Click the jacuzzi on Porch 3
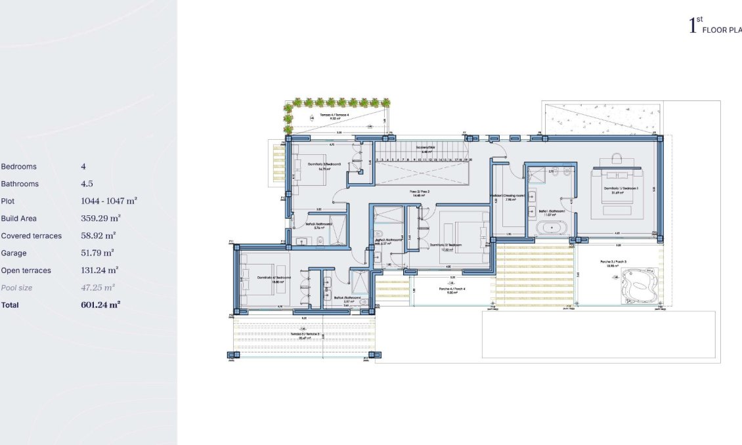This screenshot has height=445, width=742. click(x=639, y=284)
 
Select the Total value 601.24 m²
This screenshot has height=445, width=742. click(x=100, y=305)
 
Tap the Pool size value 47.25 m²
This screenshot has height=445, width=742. click(x=98, y=287)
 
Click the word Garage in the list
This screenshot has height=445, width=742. click(x=14, y=253)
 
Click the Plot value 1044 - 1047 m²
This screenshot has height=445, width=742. click(x=108, y=201)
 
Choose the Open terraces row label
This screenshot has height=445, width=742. click(x=26, y=270)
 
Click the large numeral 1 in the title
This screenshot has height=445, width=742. click(x=691, y=26)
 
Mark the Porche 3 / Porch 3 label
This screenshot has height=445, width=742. click(x=614, y=262)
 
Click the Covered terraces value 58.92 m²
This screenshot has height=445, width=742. click(x=98, y=236)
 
